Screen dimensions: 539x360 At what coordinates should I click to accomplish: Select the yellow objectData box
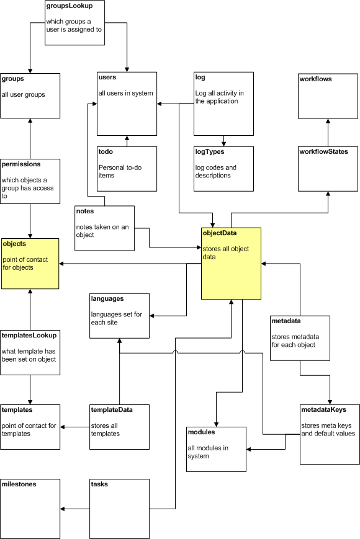231,264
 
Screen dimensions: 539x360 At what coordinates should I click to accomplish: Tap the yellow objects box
30,264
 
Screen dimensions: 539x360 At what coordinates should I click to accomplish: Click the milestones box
30,508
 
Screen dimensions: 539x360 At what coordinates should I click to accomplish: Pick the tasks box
120,508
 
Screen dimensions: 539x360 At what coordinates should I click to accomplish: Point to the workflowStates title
323,151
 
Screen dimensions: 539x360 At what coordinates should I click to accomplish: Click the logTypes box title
210,151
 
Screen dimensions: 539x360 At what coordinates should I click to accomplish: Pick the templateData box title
112,409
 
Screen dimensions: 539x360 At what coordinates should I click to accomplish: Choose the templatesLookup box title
30,336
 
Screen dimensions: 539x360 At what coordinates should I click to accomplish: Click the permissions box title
22,164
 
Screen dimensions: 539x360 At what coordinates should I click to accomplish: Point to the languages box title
107,299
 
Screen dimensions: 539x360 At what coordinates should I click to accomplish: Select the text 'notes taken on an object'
102,231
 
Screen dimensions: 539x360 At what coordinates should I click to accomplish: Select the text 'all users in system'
125,93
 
